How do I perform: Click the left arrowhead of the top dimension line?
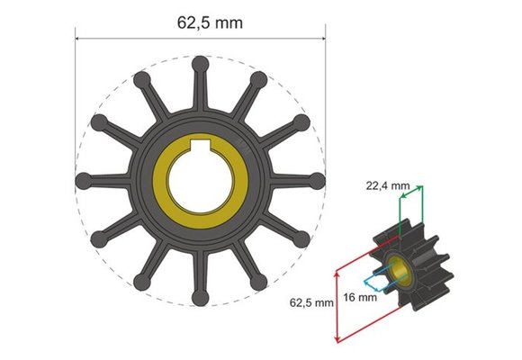click(x=78, y=39)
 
